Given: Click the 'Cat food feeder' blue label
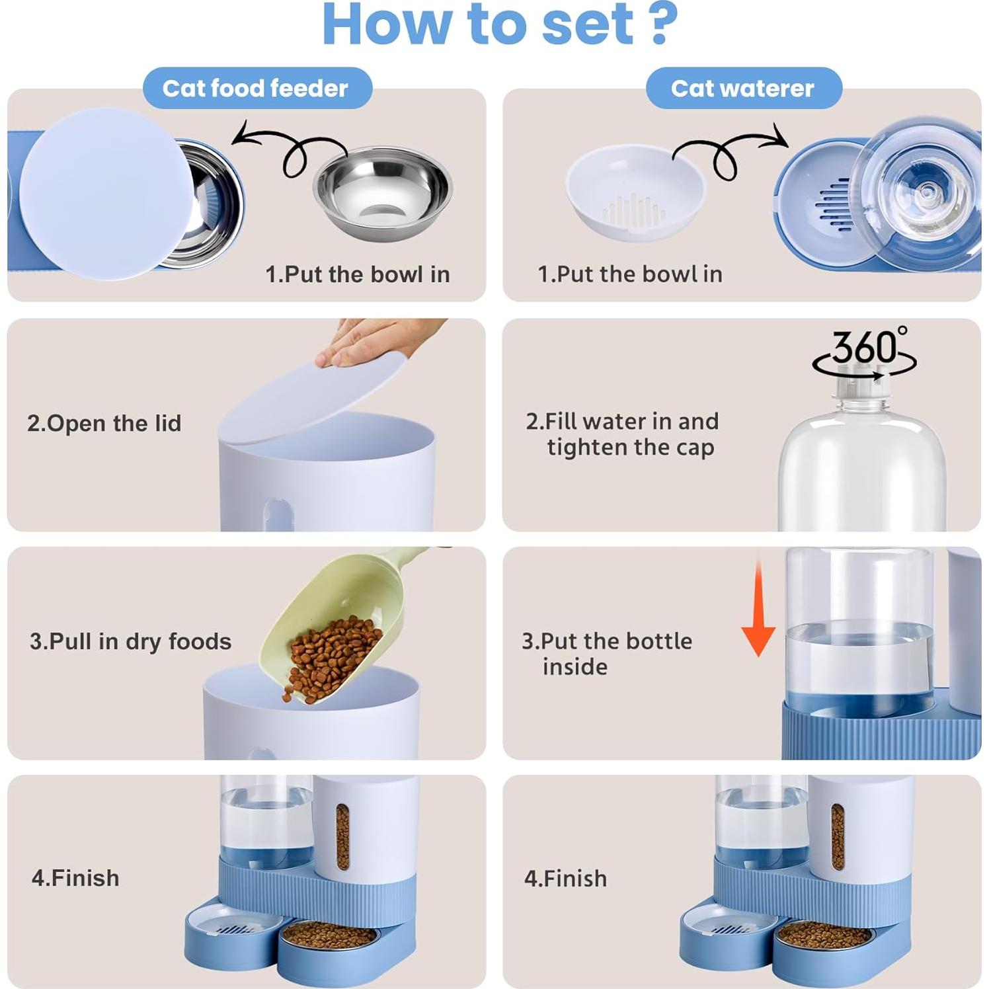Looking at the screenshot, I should click(x=257, y=88).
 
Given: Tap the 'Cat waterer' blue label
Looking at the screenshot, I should click(x=743, y=88).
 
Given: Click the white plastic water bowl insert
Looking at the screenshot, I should click(x=635, y=192).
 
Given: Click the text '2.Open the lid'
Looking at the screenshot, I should click(x=104, y=423).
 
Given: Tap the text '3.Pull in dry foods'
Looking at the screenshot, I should click(x=130, y=641).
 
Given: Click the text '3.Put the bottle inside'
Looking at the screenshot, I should click(x=606, y=653).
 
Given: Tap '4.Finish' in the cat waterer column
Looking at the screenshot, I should click(x=565, y=879).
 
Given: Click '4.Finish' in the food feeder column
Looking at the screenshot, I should click(x=75, y=878).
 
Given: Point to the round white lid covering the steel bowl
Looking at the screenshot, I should click(x=106, y=194).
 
